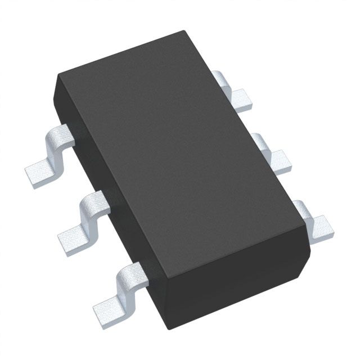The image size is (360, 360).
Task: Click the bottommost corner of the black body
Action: (x=166, y=330)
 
